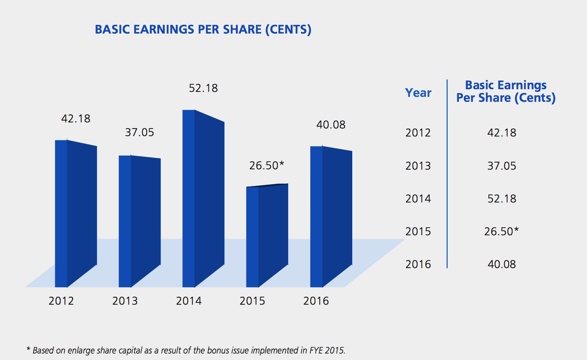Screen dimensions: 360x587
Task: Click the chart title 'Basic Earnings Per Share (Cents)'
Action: tap(203, 29)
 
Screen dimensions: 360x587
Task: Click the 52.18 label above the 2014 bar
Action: tap(203, 88)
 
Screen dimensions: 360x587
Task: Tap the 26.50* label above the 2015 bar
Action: tap(266, 166)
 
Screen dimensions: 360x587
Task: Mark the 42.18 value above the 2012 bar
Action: tap(76, 119)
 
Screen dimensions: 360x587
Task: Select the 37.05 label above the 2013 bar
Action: tap(139, 132)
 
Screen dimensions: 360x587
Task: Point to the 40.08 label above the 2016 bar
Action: tap(331, 125)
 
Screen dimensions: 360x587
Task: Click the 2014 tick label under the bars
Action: tap(189, 301)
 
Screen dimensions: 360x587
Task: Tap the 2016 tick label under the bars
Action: tap(316, 301)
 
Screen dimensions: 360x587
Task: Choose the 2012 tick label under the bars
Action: tap(61, 301)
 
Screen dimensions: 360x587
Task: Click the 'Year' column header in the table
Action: tap(418, 93)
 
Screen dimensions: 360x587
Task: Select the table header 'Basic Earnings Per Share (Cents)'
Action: tap(506, 92)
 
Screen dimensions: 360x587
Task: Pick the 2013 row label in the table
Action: tap(418, 166)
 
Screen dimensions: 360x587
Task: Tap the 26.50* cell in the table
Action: tap(502, 231)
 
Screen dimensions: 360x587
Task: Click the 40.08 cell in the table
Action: tap(502, 264)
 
